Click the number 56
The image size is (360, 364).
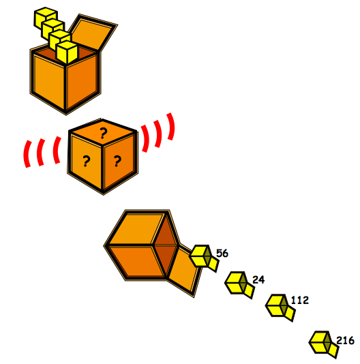[222, 253]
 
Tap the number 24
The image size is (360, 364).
[258, 279]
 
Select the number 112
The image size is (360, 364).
[299, 300]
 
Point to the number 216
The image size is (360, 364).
[346, 341]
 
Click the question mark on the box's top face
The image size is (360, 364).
[103, 133]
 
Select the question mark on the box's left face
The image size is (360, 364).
[86, 161]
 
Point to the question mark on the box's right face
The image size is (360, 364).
[117, 161]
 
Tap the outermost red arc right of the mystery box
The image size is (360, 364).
[171, 127]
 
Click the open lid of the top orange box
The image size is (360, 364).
[93, 32]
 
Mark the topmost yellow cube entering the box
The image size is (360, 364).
[46, 18]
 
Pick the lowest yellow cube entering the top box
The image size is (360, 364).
[67, 52]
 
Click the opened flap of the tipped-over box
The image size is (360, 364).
[183, 271]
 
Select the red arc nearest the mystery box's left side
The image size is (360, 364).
[57, 150]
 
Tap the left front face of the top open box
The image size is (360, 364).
[48, 79]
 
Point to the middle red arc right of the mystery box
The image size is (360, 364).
[158, 134]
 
